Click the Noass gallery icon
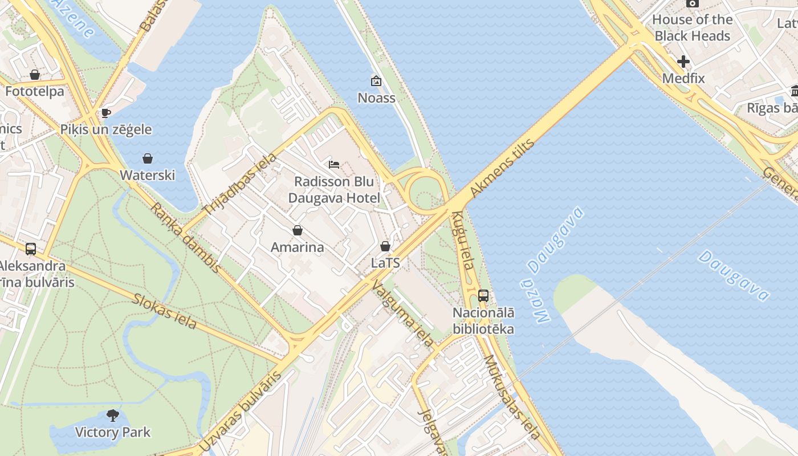(376, 81)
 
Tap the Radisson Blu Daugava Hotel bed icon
(334, 165)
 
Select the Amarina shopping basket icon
(297, 230)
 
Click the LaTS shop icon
(385, 246)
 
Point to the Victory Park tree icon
(113, 415)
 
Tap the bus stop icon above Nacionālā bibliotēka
(483, 295)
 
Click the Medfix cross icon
(683, 62)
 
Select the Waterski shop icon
(148, 158)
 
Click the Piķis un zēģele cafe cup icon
(105, 113)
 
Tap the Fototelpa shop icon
(35, 75)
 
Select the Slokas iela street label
(165, 311)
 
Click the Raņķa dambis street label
(185, 237)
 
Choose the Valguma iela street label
(402, 314)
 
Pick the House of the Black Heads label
(692, 27)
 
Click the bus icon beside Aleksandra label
(31, 249)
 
